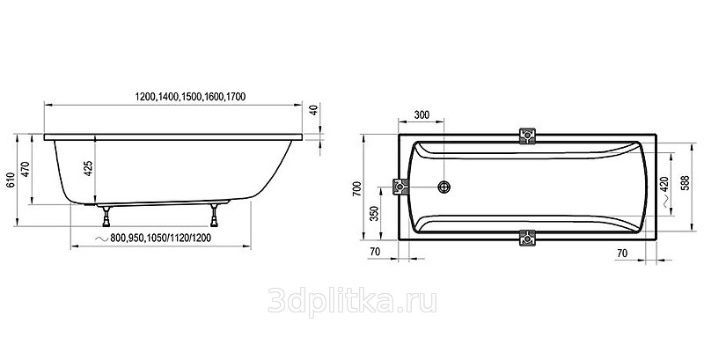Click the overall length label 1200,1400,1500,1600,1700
pyautogui.click(x=190, y=97)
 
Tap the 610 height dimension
pyautogui.click(x=11, y=180)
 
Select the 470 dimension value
pyautogui.click(x=26, y=169)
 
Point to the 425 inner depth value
pyautogui.click(x=89, y=168)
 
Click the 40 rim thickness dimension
pyautogui.click(x=314, y=109)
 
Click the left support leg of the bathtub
pyautogui.click(x=106, y=216)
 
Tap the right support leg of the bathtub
pyautogui.click(x=214, y=216)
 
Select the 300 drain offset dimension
pyautogui.click(x=422, y=115)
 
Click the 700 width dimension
pyautogui.click(x=357, y=188)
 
